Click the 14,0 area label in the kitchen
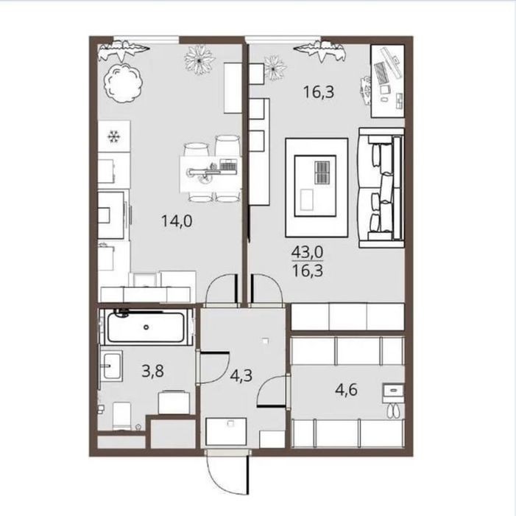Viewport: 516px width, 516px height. [177, 221]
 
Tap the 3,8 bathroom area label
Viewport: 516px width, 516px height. [152, 372]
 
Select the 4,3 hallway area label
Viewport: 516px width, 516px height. [241, 375]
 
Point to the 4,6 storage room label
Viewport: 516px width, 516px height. [346, 390]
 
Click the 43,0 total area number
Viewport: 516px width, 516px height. [308, 253]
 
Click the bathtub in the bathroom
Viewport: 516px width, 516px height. [146, 327]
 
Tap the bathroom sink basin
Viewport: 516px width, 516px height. [112, 366]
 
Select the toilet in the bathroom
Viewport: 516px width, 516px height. [121, 415]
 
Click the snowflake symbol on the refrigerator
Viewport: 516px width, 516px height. [114, 136]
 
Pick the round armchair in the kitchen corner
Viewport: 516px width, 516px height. [124, 84]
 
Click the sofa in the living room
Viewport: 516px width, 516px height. [381, 188]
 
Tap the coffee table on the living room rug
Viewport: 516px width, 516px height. [315, 186]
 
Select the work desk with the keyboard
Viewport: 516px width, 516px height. [388, 81]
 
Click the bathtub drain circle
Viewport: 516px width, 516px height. [146, 327]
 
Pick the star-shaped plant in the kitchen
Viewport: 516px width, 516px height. [199, 60]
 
